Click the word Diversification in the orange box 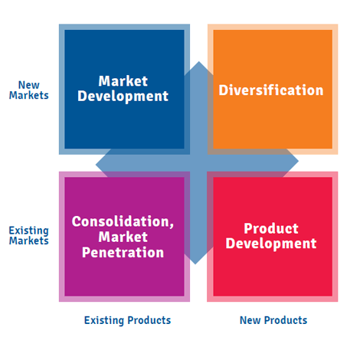coord(271,90)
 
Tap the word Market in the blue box coord(123,81)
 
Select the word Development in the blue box coord(123,97)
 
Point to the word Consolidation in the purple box coord(121,221)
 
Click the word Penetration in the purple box coord(123,252)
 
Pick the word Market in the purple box coord(123,237)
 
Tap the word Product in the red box coord(271,228)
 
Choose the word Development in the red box coord(271,244)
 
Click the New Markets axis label coord(29,90)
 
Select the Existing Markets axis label coord(29,235)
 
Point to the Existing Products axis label coord(127,320)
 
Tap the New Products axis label coord(273,320)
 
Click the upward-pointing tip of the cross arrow coord(199,61)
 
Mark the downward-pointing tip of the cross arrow coord(195,264)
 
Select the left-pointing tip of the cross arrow coord(96,165)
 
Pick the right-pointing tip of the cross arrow coord(299,161)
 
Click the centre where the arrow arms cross coord(197,163)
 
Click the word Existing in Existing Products coord(104,320)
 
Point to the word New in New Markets coord(29,85)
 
